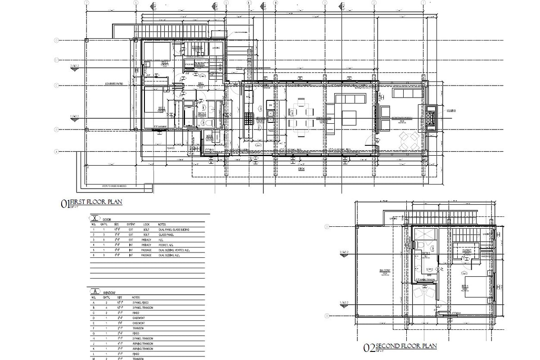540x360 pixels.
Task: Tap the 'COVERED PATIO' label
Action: (114, 84)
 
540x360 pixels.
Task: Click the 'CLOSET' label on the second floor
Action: (466, 250)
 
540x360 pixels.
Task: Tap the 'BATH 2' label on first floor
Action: (202, 113)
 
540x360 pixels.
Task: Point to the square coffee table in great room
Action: (349, 118)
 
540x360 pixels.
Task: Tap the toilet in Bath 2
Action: (210, 123)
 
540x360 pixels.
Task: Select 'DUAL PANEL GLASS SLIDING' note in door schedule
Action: (174, 229)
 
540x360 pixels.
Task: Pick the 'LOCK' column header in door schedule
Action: (146, 224)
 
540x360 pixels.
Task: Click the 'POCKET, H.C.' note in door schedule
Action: (166, 245)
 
